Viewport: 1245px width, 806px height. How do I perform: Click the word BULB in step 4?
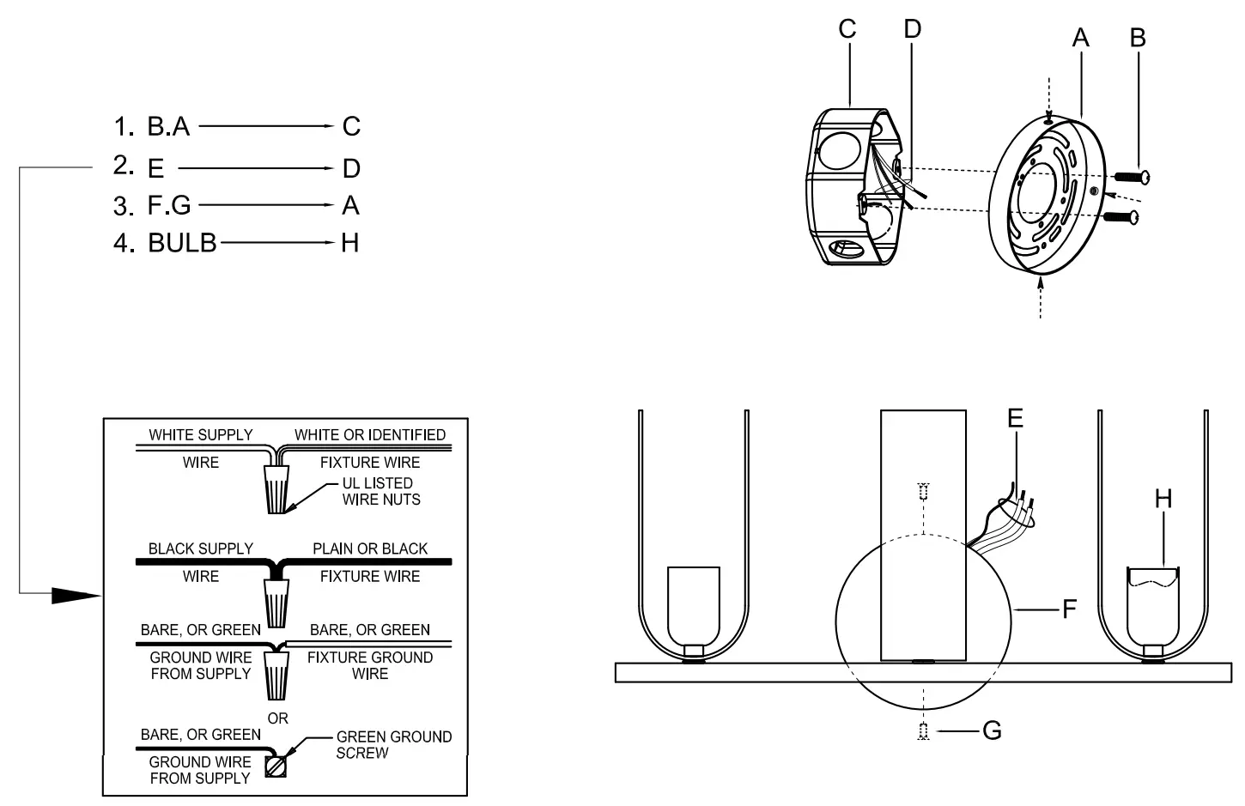(182, 243)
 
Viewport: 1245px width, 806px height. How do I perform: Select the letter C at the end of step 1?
(351, 127)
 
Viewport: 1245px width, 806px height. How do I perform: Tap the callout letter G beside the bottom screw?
(992, 731)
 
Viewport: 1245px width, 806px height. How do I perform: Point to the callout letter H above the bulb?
(1163, 499)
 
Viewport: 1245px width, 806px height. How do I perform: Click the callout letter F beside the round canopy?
(1069, 609)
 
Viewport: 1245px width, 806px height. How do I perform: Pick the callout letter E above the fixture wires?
(1015, 418)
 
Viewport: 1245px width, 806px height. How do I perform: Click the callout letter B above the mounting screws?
(1138, 38)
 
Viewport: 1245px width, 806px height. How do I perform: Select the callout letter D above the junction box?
(912, 29)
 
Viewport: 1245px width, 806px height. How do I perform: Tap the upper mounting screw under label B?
(1132, 177)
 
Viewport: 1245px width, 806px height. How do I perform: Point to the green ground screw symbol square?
(276, 766)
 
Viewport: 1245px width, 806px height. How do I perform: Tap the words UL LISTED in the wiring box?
(377, 483)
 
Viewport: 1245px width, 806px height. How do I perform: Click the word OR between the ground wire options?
(277, 718)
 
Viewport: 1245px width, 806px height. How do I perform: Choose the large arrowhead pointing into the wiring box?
(76, 594)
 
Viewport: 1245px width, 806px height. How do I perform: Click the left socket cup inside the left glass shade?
(693, 606)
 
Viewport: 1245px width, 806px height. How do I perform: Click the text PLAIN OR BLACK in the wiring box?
(369, 548)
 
